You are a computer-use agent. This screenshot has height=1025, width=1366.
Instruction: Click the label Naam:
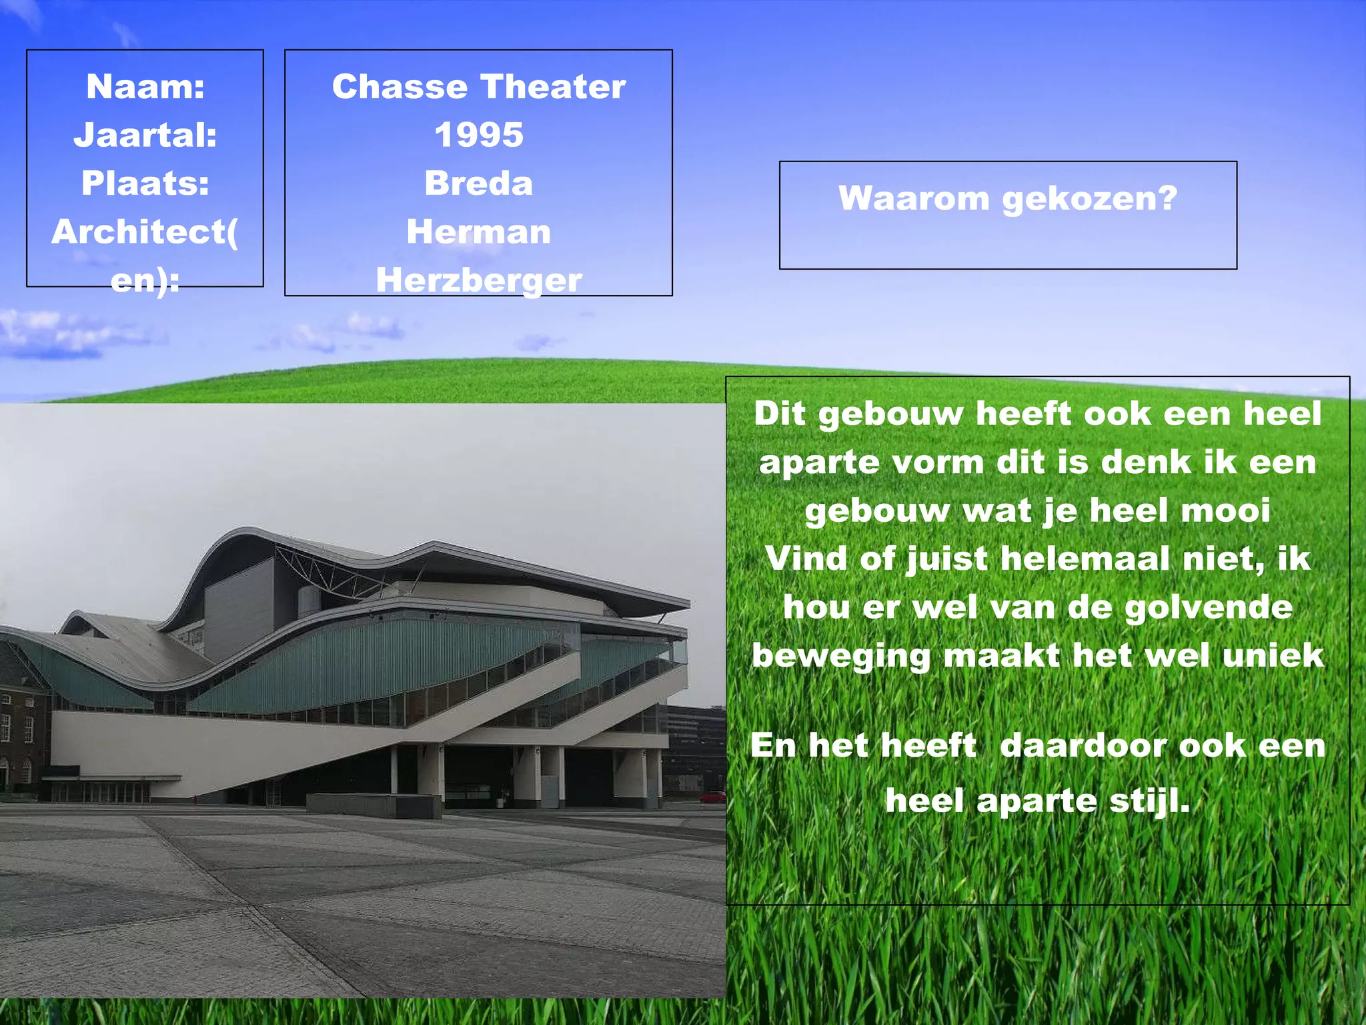tap(145, 87)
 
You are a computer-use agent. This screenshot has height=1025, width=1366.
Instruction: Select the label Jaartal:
tap(145, 135)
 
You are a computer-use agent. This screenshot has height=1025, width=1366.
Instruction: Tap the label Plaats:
tap(145, 184)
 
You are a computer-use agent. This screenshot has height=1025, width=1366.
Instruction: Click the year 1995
tap(478, 135)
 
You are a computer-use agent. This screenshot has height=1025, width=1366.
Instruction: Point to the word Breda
tap(478, 184)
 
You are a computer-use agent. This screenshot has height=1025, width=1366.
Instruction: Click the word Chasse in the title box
tap(400, 87)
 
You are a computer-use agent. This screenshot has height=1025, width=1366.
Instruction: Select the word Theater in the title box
tap(553, 87)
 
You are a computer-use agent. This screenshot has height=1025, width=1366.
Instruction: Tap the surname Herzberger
tap(478, 280)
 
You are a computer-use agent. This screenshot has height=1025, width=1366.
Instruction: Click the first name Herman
tap(478, 232)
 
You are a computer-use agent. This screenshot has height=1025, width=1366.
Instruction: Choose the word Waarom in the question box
tap(913, 198)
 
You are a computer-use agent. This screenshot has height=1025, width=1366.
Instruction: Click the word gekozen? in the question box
tap(1090, 200)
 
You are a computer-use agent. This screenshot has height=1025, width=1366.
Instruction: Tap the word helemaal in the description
tap(1085, 559)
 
